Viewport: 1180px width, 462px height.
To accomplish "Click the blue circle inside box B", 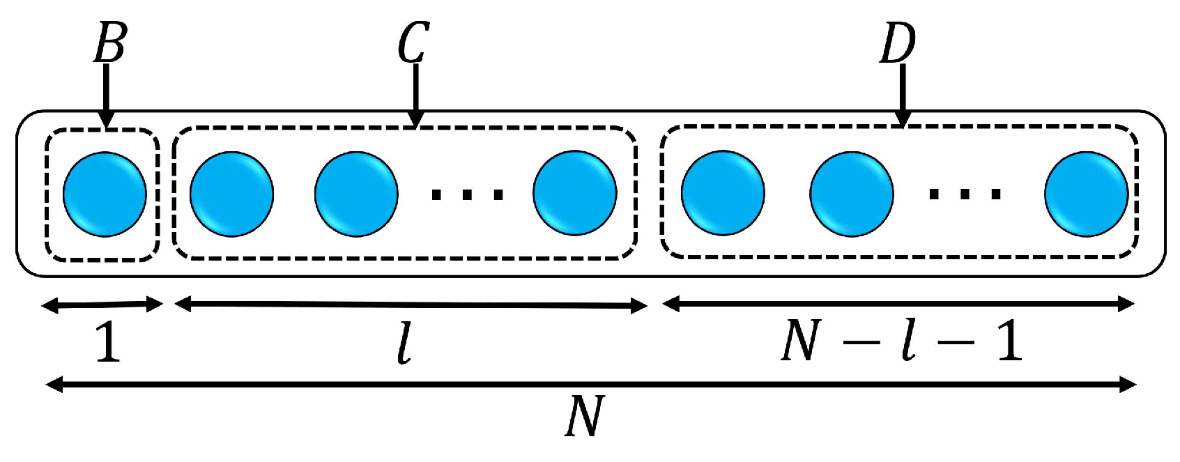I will (105, 194).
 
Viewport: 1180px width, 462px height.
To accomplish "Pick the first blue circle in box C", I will (231, 194).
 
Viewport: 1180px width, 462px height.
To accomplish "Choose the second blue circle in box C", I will (356, 194).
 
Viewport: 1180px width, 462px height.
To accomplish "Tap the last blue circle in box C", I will (575, 194).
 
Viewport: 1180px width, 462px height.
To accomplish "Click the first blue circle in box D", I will (723, 194).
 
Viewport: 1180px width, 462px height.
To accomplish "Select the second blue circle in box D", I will (852, 194).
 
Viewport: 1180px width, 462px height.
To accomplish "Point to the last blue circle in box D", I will (1087, 194).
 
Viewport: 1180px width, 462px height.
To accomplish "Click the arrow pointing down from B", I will (106, 94).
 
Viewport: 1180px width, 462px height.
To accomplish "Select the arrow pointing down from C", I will (415, 94).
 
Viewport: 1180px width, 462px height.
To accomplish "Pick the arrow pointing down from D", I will (903, 94).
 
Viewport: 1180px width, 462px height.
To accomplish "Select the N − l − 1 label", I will (901, 341).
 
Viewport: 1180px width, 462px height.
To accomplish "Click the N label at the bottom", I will (583, 417).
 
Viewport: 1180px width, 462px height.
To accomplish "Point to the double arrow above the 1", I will (102, 305).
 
